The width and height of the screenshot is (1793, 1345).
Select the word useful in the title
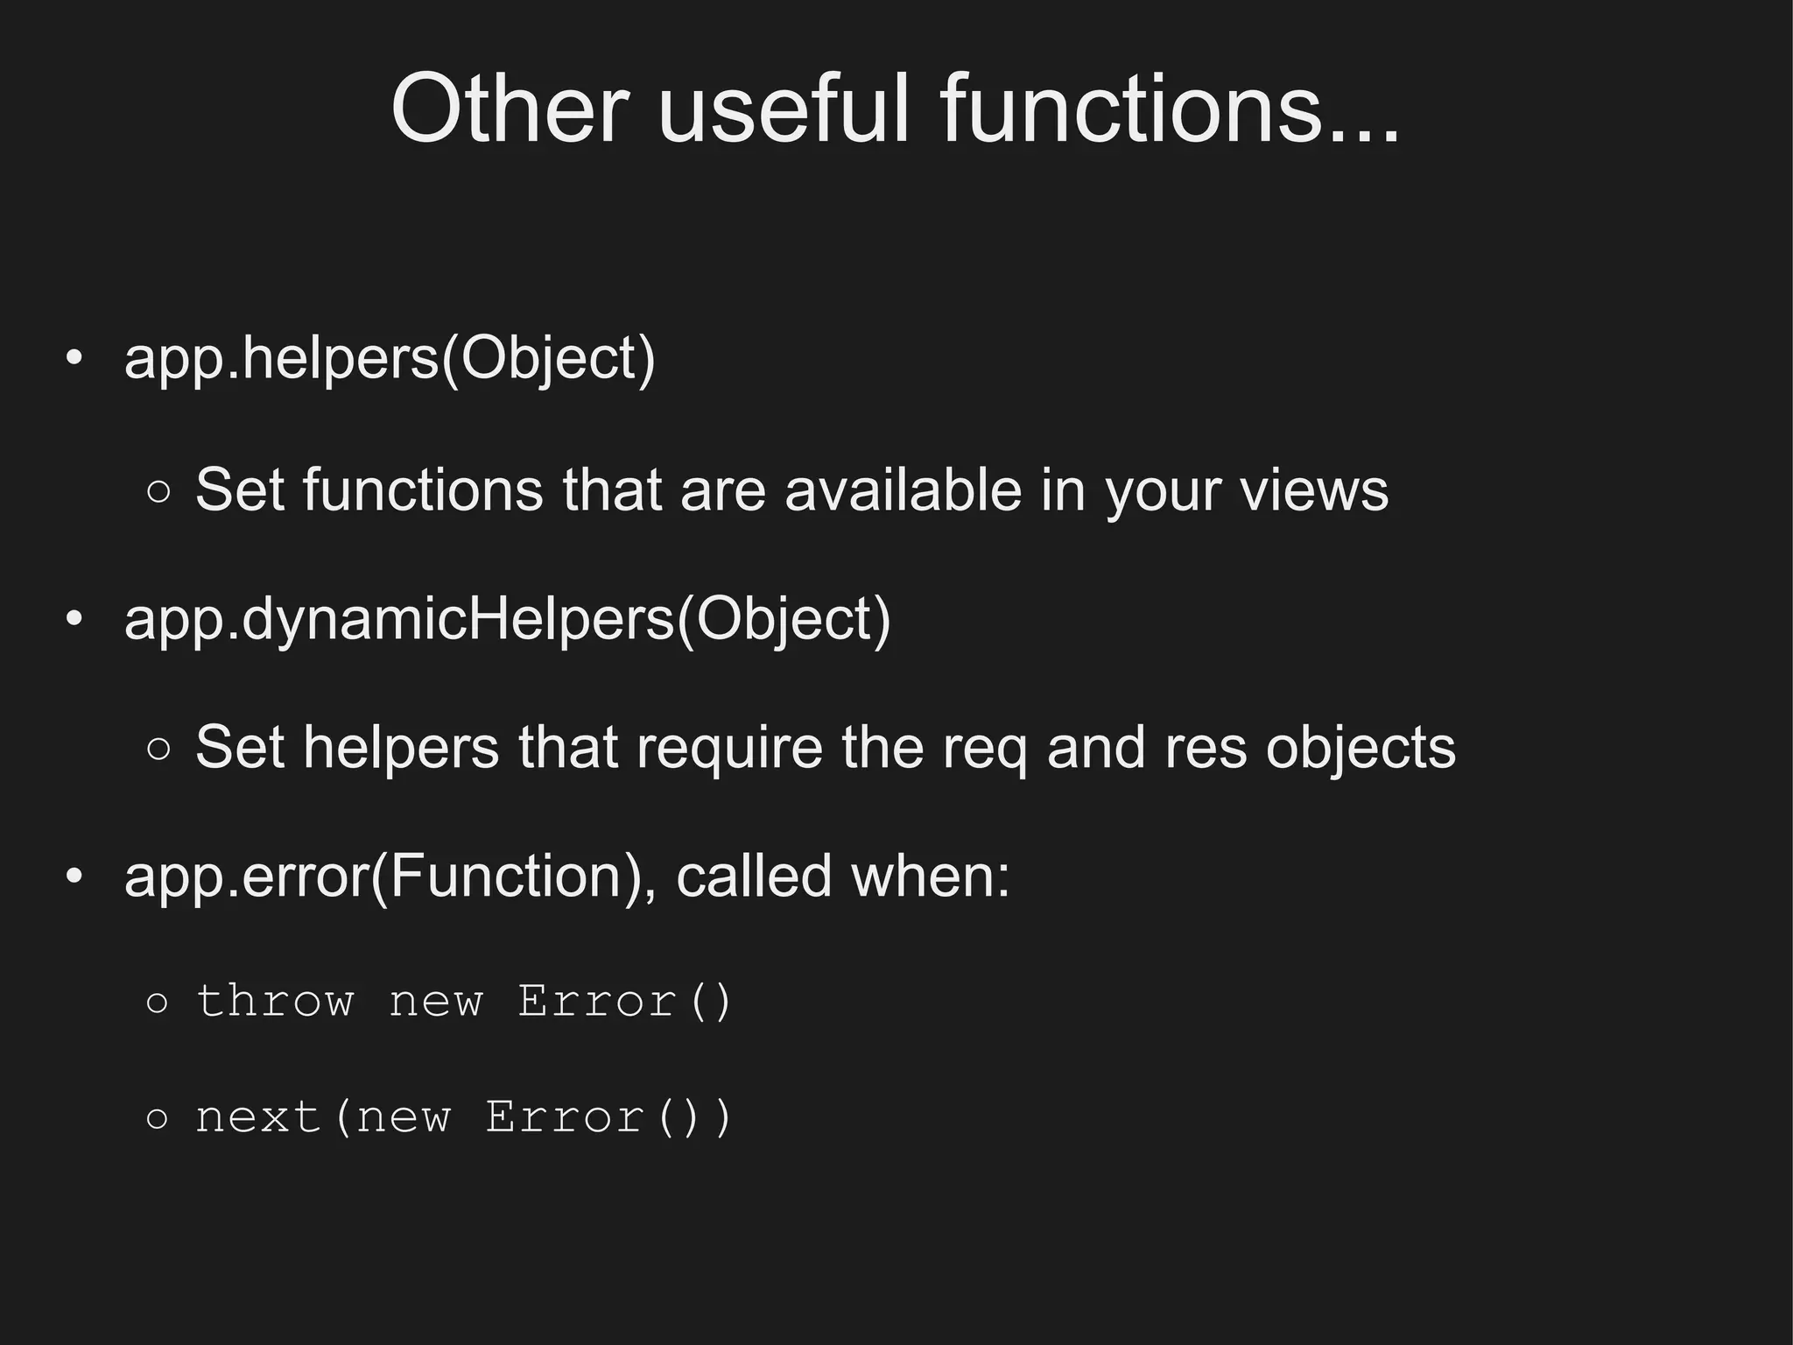784,109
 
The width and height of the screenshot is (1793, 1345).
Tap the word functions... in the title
1170,109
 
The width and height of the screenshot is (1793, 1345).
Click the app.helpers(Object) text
390,359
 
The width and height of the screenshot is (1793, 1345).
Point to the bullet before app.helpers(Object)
74,359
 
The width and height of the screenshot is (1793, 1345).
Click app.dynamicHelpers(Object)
507,619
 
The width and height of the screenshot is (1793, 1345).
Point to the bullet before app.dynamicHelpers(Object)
74,619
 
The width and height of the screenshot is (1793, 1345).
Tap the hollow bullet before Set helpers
158,750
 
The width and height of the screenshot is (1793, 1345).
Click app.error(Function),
390,877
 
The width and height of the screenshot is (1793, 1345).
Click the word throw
275,1001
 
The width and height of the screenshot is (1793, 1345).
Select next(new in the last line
323,1117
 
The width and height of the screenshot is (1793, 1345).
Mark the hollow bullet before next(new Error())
158,1118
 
